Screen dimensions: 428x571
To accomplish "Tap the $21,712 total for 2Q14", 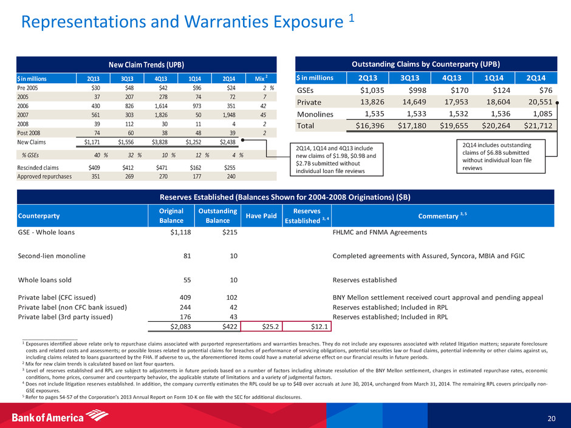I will click(x=532, y=126).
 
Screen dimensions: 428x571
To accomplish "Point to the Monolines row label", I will click(x=316, y=114).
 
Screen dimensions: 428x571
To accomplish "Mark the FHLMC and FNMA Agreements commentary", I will click(x=380, y=232).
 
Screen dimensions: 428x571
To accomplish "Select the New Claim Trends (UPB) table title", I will click(x=146, y=64).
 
